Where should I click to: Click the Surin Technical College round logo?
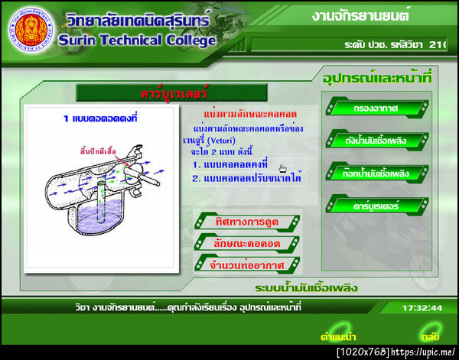pos(31,29)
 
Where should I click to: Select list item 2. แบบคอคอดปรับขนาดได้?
pos(246,178)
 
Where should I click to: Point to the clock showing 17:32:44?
pos(422,308)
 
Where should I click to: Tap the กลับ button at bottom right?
pos(429,336)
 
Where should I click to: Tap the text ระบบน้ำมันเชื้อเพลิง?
pos(307,288)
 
